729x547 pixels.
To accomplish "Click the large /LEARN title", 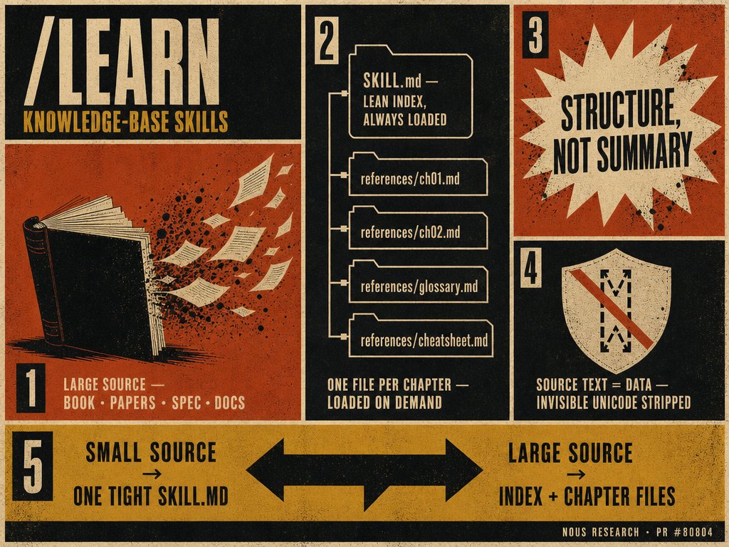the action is coord(122,62).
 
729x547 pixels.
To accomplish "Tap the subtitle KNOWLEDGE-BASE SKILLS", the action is coord(125,122).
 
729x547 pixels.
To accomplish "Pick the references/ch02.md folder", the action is coord(418,228).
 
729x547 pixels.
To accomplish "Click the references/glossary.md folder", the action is coord(418,282).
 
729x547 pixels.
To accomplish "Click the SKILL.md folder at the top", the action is coord(411,92).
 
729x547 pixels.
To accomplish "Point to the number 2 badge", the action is coord(327,40).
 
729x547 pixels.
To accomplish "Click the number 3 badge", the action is coord(535,35).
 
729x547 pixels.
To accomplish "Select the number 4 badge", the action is coord(531,268).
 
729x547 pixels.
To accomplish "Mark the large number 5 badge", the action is coord(33,467).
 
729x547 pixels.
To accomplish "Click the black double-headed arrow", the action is coord(364,470).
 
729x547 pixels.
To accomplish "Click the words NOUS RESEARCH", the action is coord(600,532).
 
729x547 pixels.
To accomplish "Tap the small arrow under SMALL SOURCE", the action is coord(152,474).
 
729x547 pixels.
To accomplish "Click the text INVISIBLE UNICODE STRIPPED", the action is coord(613,403).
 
